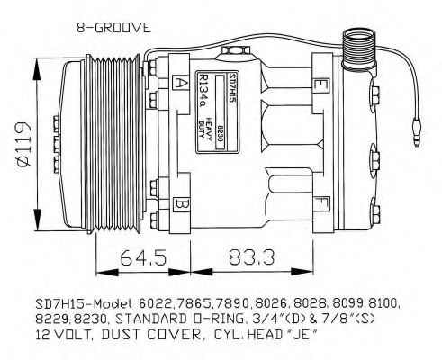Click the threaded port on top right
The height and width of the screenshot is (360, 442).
(x=358, y=44)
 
